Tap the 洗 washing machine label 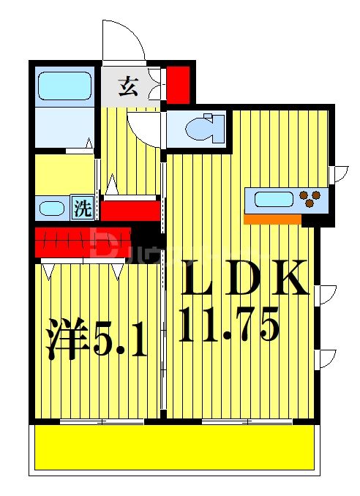[83, 208]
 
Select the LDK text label [244, 279]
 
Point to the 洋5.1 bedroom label [97, 337]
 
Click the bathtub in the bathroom [64, 86]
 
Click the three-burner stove [310, 198]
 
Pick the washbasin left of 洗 [53, 208]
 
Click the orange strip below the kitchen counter [272, 218]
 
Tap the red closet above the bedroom [83, 239]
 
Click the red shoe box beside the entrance [178, 84]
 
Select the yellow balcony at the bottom [175, 448]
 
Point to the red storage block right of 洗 [130, 210]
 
